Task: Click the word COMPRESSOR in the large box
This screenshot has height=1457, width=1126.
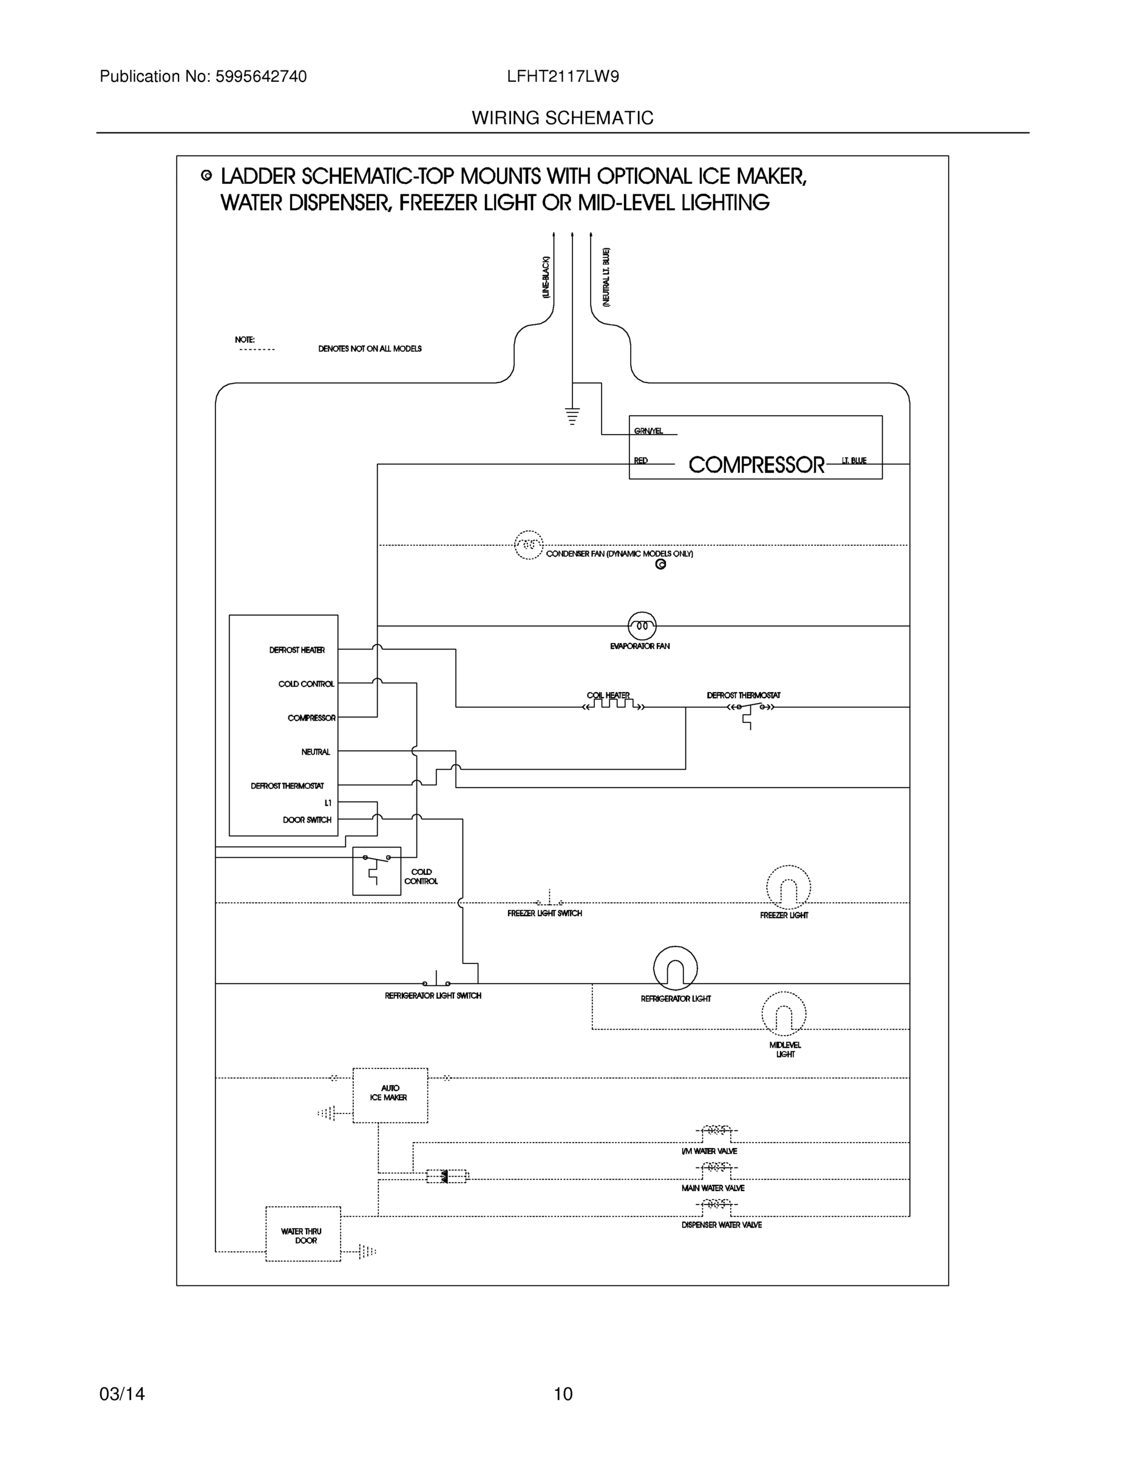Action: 756,465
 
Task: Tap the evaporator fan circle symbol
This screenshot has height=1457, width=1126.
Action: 642,626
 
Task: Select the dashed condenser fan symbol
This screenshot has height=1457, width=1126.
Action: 528,545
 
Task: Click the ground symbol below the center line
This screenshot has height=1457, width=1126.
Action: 572,416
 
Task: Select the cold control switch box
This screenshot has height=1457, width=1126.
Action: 376,871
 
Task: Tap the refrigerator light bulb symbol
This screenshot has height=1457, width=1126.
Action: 675,968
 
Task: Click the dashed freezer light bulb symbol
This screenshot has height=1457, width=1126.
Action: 788,888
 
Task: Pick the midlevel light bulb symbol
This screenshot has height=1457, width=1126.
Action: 783,1014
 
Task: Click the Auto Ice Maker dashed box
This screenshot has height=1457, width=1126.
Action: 390,1095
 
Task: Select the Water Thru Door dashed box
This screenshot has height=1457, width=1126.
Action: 303,1234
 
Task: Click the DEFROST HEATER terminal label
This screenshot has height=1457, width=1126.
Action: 297,650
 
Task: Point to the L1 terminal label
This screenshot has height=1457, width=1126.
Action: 328,803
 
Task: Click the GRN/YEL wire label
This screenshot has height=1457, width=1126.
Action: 648,431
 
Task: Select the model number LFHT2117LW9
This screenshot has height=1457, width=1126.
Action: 562,76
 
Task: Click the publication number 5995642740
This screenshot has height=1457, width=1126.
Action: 261,76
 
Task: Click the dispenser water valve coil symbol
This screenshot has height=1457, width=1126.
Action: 716,1204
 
